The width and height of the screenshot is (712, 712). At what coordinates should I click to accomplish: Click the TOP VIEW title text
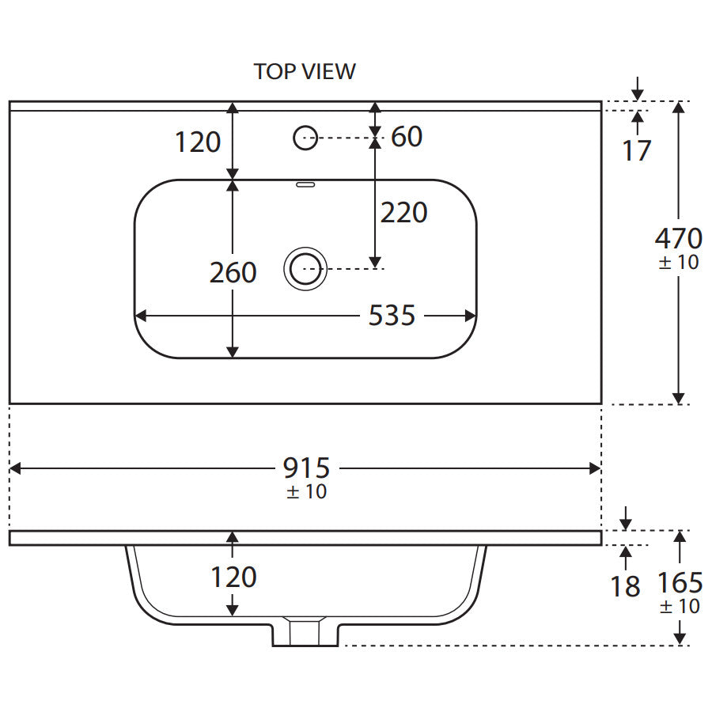305,71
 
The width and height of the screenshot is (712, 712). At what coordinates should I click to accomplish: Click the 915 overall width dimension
306,468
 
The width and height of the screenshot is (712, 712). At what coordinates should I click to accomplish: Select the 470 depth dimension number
678,237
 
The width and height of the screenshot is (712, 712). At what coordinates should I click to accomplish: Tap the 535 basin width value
392,316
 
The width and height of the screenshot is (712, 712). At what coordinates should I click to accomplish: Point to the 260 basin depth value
233,272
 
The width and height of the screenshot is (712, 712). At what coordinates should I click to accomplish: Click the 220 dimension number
403,212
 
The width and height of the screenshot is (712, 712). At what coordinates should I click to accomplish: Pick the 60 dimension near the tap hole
407,137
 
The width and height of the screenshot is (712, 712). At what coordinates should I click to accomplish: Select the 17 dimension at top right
637,150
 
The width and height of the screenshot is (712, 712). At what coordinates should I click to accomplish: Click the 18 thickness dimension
626,586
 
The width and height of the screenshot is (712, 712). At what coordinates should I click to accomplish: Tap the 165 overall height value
680,583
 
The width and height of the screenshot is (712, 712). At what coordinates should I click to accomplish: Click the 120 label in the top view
197,142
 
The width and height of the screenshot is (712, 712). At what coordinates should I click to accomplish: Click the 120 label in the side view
233,577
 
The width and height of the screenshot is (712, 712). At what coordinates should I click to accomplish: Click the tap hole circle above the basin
305,138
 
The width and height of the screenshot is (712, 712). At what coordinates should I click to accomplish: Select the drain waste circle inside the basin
305,269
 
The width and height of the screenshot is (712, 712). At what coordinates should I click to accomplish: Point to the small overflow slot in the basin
305,186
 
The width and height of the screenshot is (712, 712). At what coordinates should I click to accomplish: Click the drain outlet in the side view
305,633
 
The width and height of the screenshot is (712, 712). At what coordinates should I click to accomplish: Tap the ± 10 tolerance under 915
306,491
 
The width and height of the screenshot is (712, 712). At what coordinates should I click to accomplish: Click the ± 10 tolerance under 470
679,262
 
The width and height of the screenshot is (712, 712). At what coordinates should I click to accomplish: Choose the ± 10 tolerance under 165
679,607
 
